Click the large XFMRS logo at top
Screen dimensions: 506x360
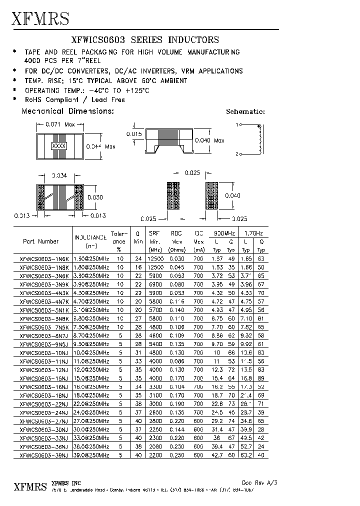(x=40, y=18)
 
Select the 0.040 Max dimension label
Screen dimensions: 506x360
(x=209, y=140)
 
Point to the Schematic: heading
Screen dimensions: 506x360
(x=245, y=112)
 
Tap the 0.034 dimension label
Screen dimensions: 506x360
(x=59, y=175)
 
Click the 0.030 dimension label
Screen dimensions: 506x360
(x=95, y=197)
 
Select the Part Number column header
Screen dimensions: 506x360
(x=41, y=241)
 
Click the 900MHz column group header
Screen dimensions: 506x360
(x=224, y=233)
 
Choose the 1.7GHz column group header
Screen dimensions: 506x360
(x=253, y=233)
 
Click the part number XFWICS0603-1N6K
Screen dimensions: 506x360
(x=43, y=259)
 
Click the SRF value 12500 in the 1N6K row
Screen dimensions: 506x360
(x=155, y=259)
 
